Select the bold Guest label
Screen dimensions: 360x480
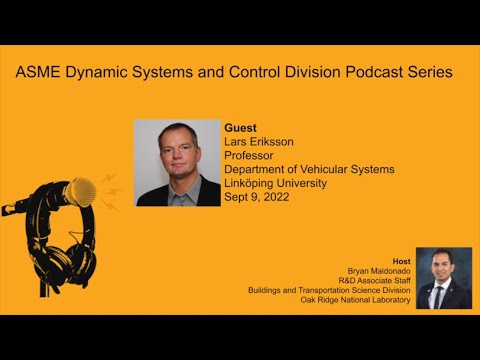pyautogui.click(x=240, y=128)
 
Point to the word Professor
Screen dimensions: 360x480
pyautogui.click(x=253, y=155)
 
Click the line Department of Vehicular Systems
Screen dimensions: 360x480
pyautogui.click(x=310, y=169)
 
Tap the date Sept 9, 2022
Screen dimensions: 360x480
pyautogui.click(x=256, y=197)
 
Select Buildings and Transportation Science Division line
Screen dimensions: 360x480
pyautogui.click(x=330, y=289)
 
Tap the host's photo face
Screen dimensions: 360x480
pyautogui.click(x=441, y=268)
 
